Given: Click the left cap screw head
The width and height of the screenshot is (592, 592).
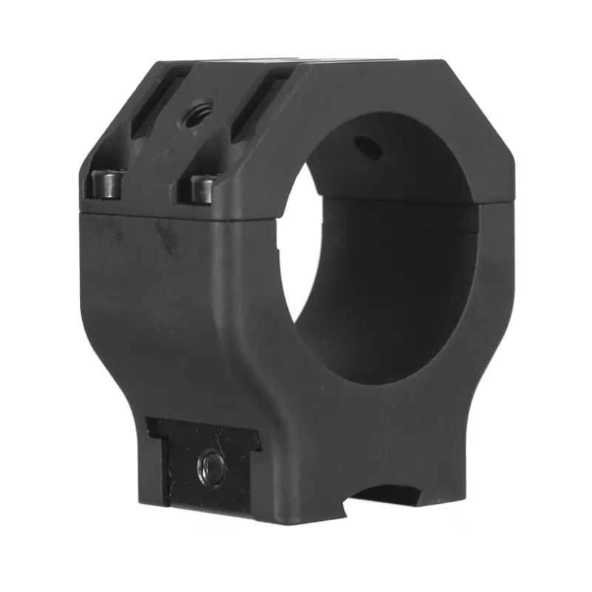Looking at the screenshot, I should pos(107,184).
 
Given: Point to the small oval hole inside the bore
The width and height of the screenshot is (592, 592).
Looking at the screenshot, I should pos(368,147).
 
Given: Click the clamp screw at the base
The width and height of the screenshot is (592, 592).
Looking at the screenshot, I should pos(212,468).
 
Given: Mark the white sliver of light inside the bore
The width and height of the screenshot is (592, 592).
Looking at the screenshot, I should pos(302,244).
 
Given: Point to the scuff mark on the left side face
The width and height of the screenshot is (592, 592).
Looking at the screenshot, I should pos(166,237).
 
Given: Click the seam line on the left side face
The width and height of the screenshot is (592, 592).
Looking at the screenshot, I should pos(148,215).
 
